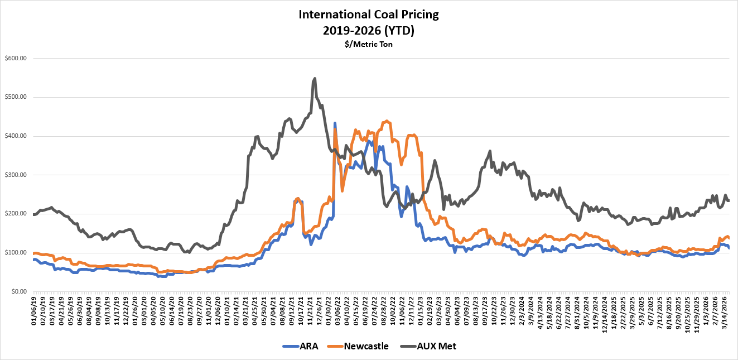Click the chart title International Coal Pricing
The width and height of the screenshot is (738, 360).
[369, 15]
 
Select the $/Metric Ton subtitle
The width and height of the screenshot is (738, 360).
[369, 44]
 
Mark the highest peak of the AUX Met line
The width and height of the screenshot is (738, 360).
[315, 79]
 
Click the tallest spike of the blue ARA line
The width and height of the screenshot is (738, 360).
[335, 123]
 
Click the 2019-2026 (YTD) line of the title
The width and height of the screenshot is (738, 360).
[369, 30]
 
